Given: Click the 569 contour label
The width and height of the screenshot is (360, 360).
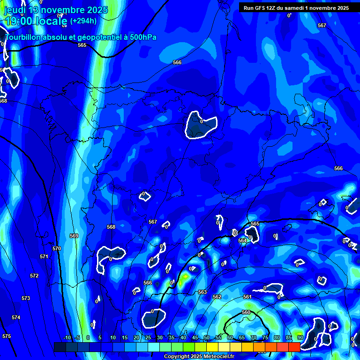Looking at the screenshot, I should coord(74,236).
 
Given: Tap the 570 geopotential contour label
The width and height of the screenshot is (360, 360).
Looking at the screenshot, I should coord(57,248).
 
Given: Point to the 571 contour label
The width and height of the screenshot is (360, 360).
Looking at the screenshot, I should coord(44,256).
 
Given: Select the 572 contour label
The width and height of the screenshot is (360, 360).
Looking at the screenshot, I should coord(34,276).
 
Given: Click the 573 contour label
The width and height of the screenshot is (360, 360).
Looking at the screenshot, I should coord(26,298).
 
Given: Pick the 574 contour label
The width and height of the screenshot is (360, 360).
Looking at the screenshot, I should coord(16,317).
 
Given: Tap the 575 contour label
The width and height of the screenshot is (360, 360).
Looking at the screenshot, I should coord(7,336).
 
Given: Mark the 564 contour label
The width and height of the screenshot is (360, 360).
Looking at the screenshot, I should coord(242,240).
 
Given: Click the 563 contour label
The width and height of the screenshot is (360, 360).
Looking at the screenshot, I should coord(202,292).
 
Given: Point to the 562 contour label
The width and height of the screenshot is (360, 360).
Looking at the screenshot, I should coord(217,297).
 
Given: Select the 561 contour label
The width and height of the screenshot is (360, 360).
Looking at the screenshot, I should coord(247,297).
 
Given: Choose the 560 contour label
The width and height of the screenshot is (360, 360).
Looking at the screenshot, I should coord(246,312).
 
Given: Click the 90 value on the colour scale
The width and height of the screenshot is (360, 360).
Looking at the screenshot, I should coord(300,337).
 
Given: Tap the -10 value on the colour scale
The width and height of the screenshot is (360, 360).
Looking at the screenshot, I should coord(67,337).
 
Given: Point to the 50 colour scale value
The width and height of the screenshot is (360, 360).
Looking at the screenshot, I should coord(207,337).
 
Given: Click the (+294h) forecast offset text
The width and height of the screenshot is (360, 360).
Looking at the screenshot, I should coord(83,21).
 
